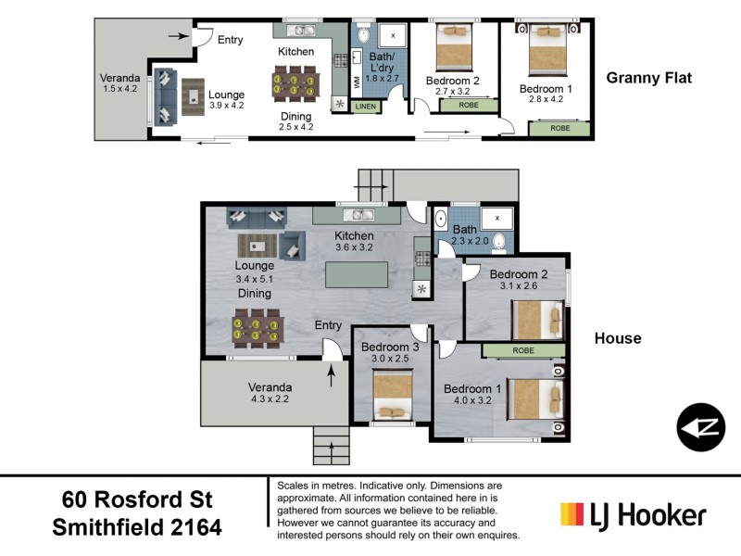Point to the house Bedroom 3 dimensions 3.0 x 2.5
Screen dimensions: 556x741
[x=384, y=359]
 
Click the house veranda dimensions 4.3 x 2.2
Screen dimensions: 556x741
[x=270, y=401]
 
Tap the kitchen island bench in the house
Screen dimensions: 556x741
[x=364, y=276]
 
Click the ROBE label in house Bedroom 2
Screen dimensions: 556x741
[x=521, y=350]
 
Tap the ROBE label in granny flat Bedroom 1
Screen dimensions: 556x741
[x=560, y=128]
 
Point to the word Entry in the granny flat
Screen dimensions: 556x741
[x=231, y=40]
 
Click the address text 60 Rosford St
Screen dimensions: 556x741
[x=137, y=499]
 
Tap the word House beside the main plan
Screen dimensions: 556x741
[x=618, y=338]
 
